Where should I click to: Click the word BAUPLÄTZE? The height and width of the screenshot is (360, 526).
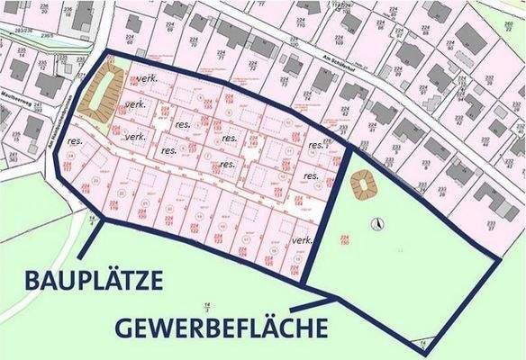tap(83, 281)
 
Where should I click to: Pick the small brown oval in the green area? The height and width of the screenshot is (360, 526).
tap(366, 184)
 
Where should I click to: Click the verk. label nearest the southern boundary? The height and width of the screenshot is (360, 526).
tap(304, 240)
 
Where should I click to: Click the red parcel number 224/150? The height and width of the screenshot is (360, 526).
tap(345, 239)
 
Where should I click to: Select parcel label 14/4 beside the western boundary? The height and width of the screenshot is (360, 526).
tap(92, 220)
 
